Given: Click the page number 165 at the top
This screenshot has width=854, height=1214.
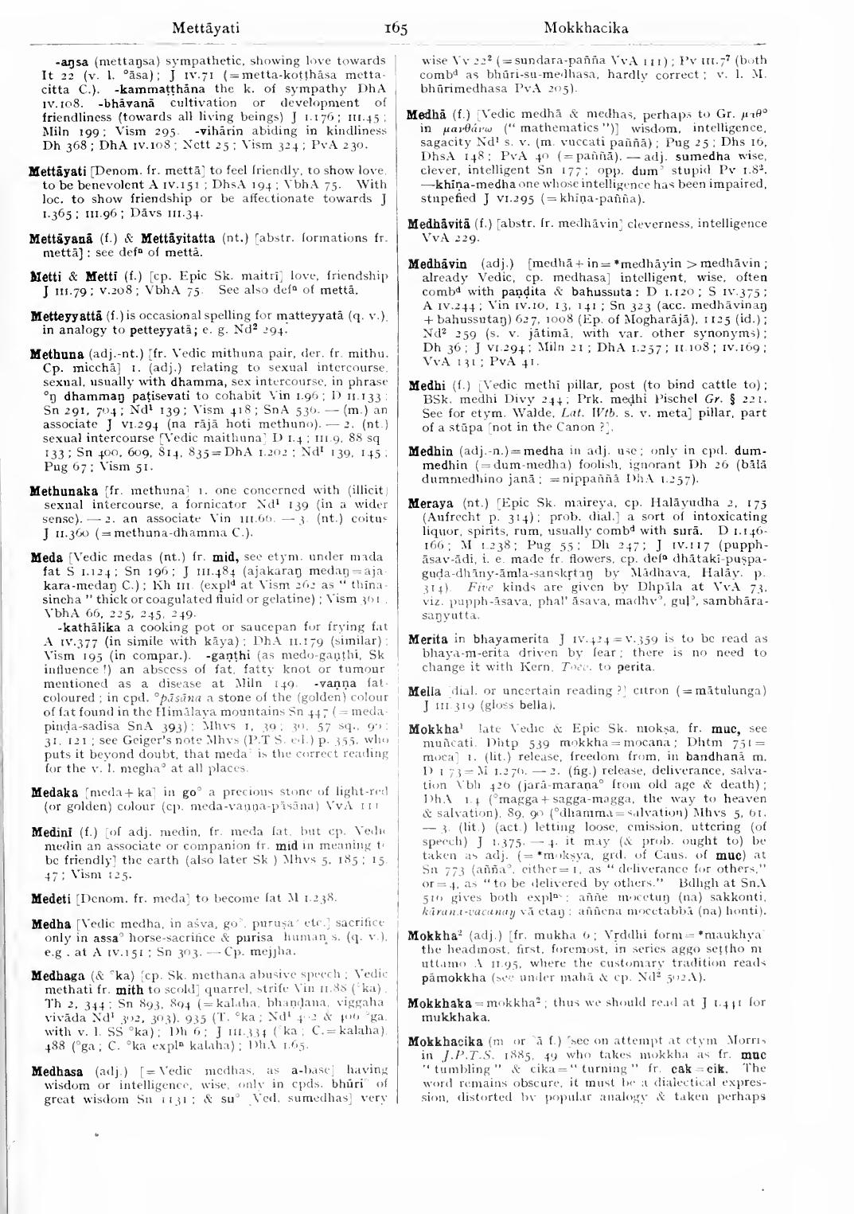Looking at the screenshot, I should (x=396, y=29).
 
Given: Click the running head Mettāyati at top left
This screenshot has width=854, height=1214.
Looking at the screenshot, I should (x=205, y=29).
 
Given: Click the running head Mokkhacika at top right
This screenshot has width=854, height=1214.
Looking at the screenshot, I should (x=586, y=29).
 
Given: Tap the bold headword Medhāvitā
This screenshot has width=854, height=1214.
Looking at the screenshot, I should (x=441, y=224).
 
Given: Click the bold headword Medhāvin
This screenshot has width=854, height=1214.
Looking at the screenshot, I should (x=440, y=263).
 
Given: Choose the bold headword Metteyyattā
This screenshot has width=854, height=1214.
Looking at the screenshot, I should (x=66, y=317).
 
